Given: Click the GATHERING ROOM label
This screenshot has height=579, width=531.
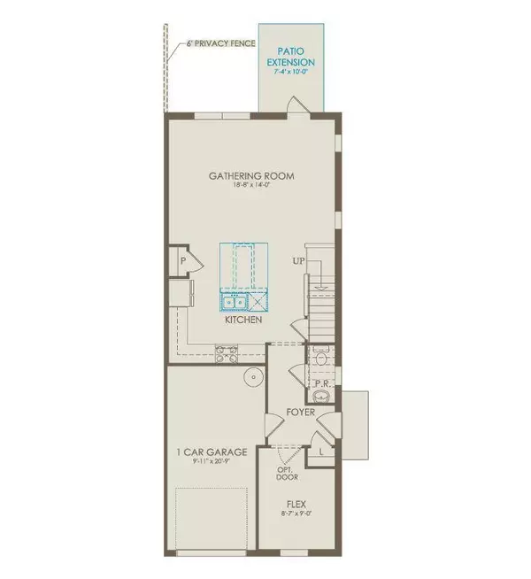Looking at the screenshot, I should [251, 176].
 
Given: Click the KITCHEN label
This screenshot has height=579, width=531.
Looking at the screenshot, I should [243, 320].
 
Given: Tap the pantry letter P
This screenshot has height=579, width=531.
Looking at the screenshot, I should [182, 261].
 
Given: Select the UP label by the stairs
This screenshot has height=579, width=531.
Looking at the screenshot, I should [299, 261].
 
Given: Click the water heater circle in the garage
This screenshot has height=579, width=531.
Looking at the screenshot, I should [253, 377].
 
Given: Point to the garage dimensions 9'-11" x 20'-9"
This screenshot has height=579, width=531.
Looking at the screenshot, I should [210, 463].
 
